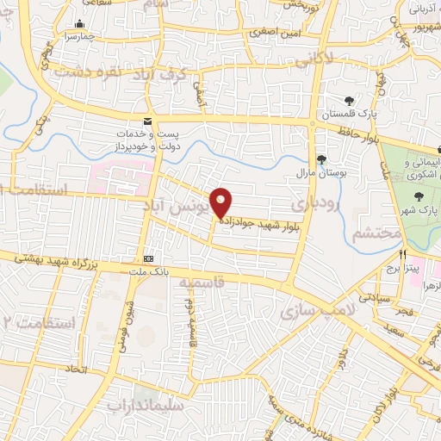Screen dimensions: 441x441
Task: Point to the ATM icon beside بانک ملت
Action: click(149, 258)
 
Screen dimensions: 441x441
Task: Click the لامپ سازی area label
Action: click(307, 314)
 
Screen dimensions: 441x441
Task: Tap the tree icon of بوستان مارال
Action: click(321, 159)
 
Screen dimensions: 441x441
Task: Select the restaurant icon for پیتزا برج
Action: click(402, 255)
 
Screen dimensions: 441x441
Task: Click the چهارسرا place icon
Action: click(80, 24)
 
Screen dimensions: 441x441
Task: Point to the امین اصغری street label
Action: click(273, 31)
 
